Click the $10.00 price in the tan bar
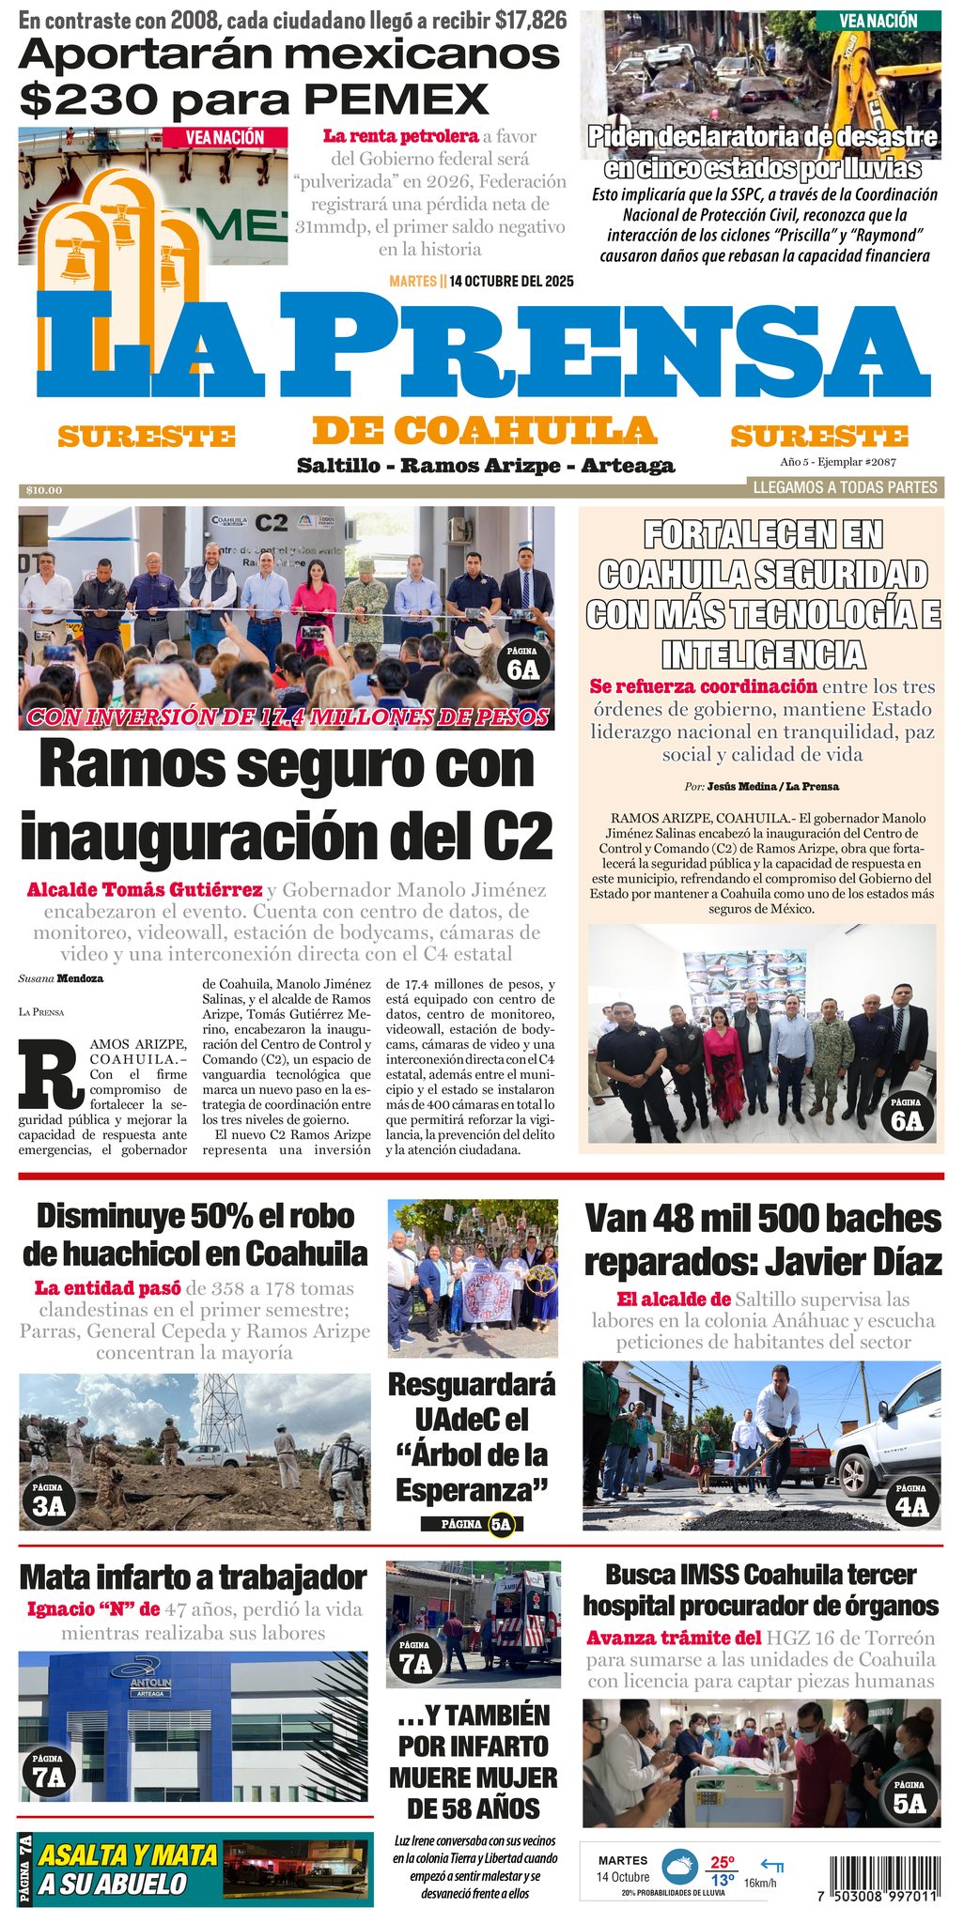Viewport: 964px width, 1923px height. [44, 490]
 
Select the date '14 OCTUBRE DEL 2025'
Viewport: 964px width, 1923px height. [511, 281]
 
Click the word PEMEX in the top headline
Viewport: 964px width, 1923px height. [396, 99]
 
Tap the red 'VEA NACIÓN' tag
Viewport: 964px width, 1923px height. [225, 137]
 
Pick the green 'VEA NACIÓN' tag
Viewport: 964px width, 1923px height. [878, 20]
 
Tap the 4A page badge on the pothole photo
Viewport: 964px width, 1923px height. [910, 1501]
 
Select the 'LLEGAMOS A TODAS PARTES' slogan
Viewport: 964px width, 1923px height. [845, 487]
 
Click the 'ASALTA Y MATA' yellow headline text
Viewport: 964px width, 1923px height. [128, 1855]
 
